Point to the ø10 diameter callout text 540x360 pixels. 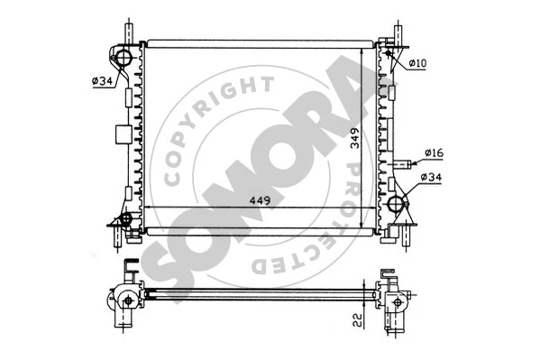(x=417, y=62)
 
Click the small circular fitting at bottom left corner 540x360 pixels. (x=125, y=219)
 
